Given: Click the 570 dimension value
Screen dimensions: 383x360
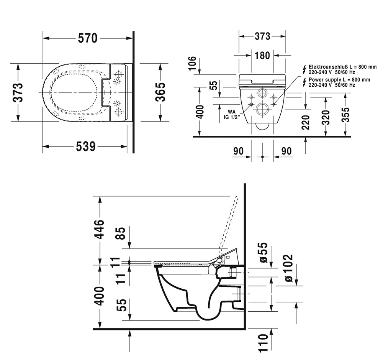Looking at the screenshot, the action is click(x=88, y=38).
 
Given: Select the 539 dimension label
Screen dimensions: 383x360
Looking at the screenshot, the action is click(x=85, y=146).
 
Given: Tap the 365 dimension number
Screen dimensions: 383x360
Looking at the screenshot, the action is click(x=160, y=92).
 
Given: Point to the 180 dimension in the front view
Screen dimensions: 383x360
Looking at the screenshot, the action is click(x=262, y=56).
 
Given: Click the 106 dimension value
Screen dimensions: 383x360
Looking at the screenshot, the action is click(x=193, y=63).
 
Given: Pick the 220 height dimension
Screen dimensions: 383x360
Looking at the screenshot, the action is click(x=306, y=123).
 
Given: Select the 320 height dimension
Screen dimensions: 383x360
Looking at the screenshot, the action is click(x=326, y=118).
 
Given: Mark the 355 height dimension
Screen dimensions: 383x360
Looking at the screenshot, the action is click(x=345, y=115).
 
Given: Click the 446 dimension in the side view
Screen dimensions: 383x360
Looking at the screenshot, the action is click(x=100, y=229).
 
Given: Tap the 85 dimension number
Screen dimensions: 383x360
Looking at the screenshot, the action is click(x=121, y=233).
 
